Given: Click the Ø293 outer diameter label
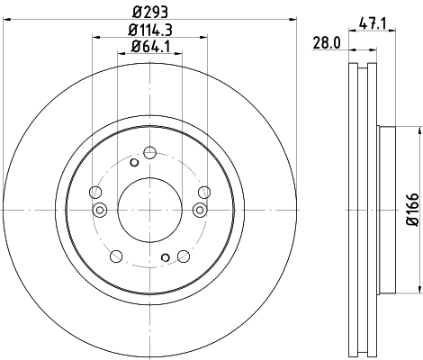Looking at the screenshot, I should [149, 13].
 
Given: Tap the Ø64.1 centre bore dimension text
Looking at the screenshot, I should [150, 46].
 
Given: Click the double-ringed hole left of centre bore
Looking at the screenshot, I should [100, 211].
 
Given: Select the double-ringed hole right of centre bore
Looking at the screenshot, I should [200, 211].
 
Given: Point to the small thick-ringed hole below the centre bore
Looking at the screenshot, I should [165, 258].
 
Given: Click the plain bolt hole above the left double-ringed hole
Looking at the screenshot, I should [94, 190].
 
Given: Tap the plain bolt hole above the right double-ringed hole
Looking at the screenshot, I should [204, 190].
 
